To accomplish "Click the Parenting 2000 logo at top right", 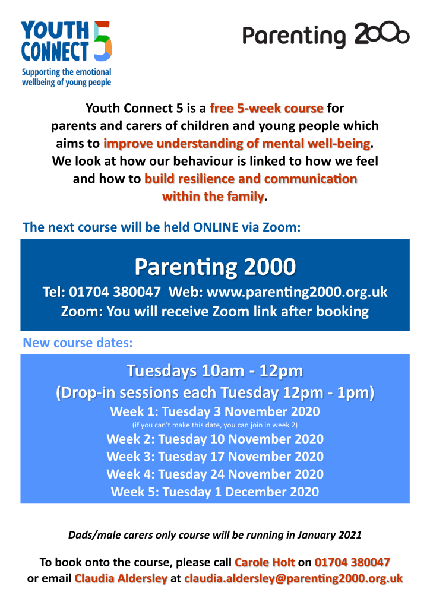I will click(x=325, y=35).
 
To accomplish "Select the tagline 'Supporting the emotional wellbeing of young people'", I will click(x=66, y=77).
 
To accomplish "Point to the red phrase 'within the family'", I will click(x=213, y=196).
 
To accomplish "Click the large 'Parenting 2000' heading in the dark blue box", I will click(x=214, y=267).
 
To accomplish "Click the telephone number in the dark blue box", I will click(x=115, y=292).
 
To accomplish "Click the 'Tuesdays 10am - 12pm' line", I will click(x=214, y=372).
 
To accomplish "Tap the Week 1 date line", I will click(x=214, y=411).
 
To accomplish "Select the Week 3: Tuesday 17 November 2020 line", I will click(x=214, y=457).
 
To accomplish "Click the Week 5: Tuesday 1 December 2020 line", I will click(x=214, y=492).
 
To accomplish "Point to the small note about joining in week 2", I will click(x=214, y=425).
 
